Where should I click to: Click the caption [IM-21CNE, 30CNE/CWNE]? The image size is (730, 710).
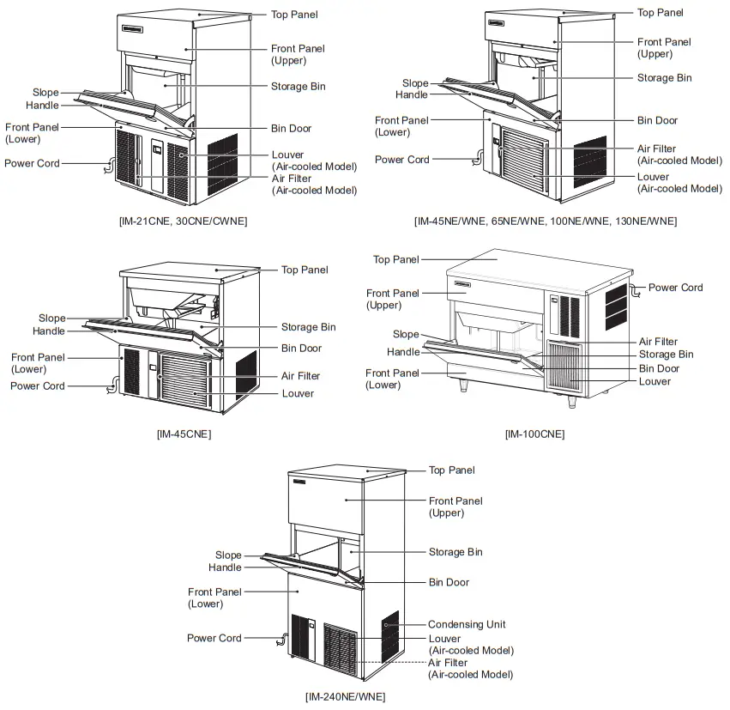pyautogui.click(x=183, y=221)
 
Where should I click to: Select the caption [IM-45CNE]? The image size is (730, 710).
pyautogui.click(x=184, y=434)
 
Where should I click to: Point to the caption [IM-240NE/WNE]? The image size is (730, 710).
pyautogui.click(x=345, y=696)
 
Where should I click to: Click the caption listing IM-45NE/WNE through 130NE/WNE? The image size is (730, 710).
pyautogui.click(x=545, y=221)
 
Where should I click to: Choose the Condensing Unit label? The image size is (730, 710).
pyautogui.click(x=467, y=624)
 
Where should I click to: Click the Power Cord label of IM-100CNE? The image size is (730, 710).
pyautogui.click(x=675, y=288)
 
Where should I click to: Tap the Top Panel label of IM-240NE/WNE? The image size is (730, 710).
pyautogui.click(x=451, y=470)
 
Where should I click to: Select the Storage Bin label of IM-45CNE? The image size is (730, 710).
pyautogui.click(x=309, y=327)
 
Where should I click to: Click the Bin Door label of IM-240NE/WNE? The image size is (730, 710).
pyautogui.click(x=449, y=582)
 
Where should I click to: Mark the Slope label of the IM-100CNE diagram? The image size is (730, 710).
pyautogui.click(x=406, y=334)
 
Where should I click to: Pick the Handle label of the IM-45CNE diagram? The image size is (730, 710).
pyautogui.click(x=49, y=331)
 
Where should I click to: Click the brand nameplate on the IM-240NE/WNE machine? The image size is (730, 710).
pyautogui.click(x=299, y=486)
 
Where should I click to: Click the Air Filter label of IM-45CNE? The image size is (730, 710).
pyautogui.click(x=300, y=376)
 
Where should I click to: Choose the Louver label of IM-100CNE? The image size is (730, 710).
pyautogui.click(x=655, y=381)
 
